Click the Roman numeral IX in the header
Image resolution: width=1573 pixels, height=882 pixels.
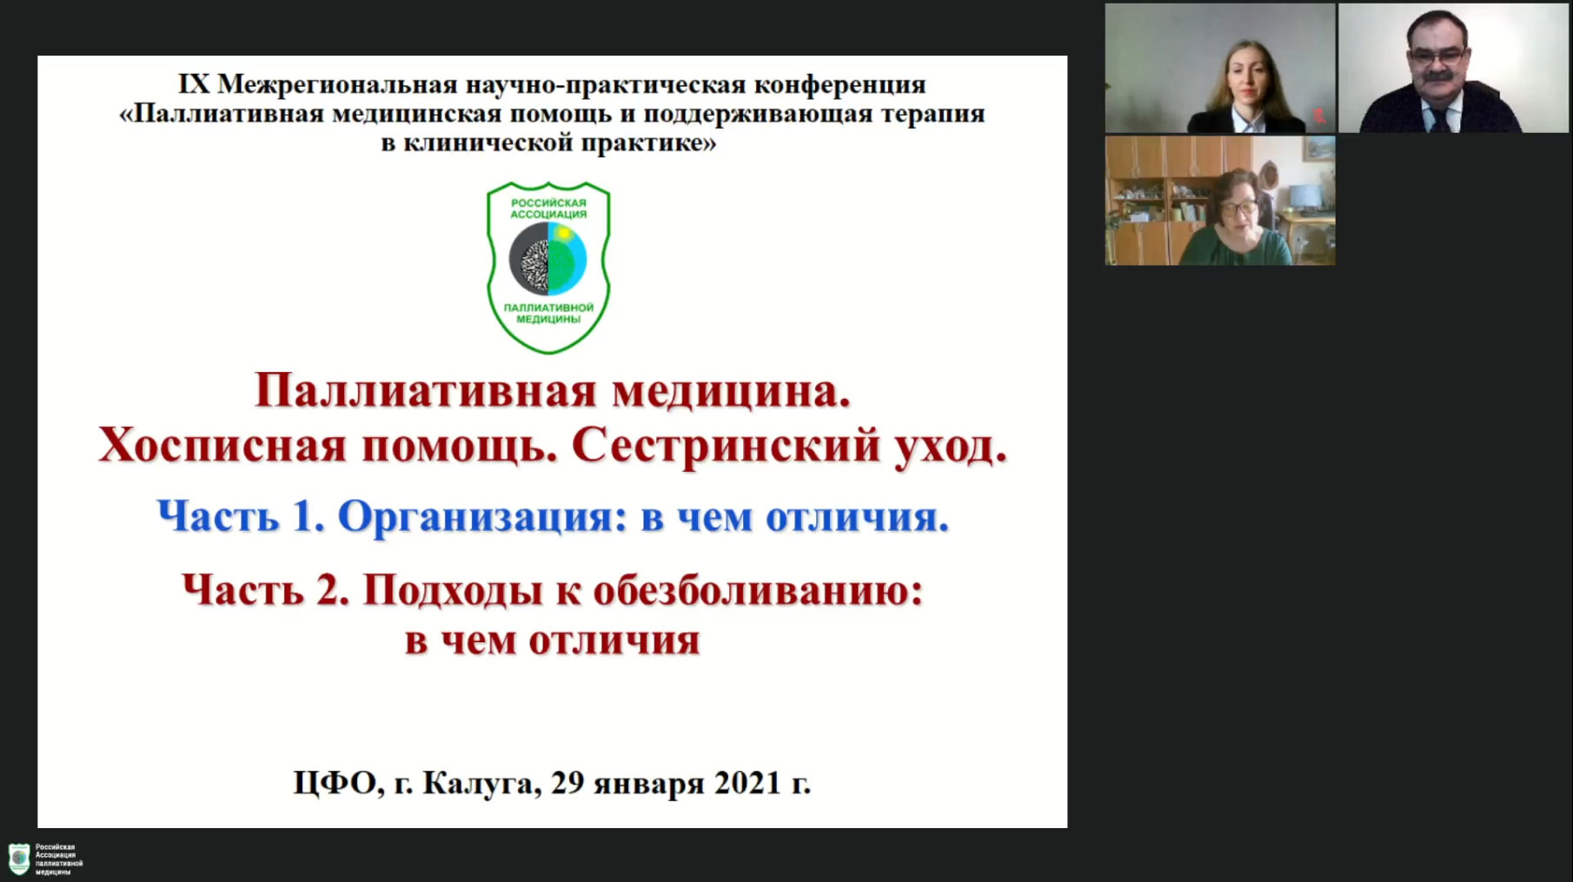pyautogui.click(x=194, y=84)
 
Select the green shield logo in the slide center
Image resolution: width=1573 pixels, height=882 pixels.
pyautogui.click(x=548, y=267)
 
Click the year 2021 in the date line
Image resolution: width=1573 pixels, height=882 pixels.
pyautogui.click(x=747, y=783)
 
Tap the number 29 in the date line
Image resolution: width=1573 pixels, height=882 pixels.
pyautogui.click(x=568, y=783)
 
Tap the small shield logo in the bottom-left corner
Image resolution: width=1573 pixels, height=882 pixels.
pyautogui.click(x=19, y=859)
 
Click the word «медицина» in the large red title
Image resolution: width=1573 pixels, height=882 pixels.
pyautogui.click(x=731, y=393)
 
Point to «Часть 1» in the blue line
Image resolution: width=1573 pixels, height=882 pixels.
pyautogui.click(x=242, y=517)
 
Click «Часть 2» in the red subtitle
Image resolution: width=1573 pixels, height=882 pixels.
pyautogui.click(x=266, y=592)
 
